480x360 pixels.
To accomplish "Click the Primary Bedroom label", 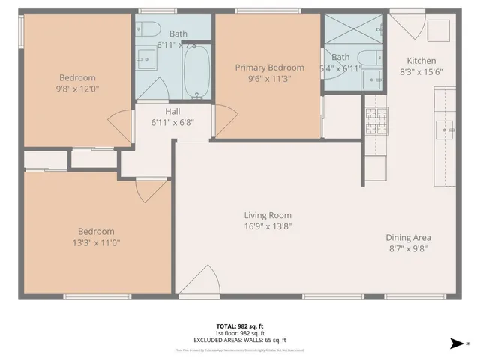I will click(269, 67).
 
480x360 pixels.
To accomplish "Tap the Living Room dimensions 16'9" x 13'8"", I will click(267, 226).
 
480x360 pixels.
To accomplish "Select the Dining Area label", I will click(408, 238).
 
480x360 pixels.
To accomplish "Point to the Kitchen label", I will click(421, 61).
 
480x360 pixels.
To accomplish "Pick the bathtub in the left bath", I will click(196, 72).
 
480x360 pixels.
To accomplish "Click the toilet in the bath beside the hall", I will click(148, 30).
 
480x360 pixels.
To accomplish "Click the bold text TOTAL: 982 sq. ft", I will click(239, 326).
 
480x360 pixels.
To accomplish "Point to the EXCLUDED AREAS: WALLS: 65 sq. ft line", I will click(239, 340).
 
